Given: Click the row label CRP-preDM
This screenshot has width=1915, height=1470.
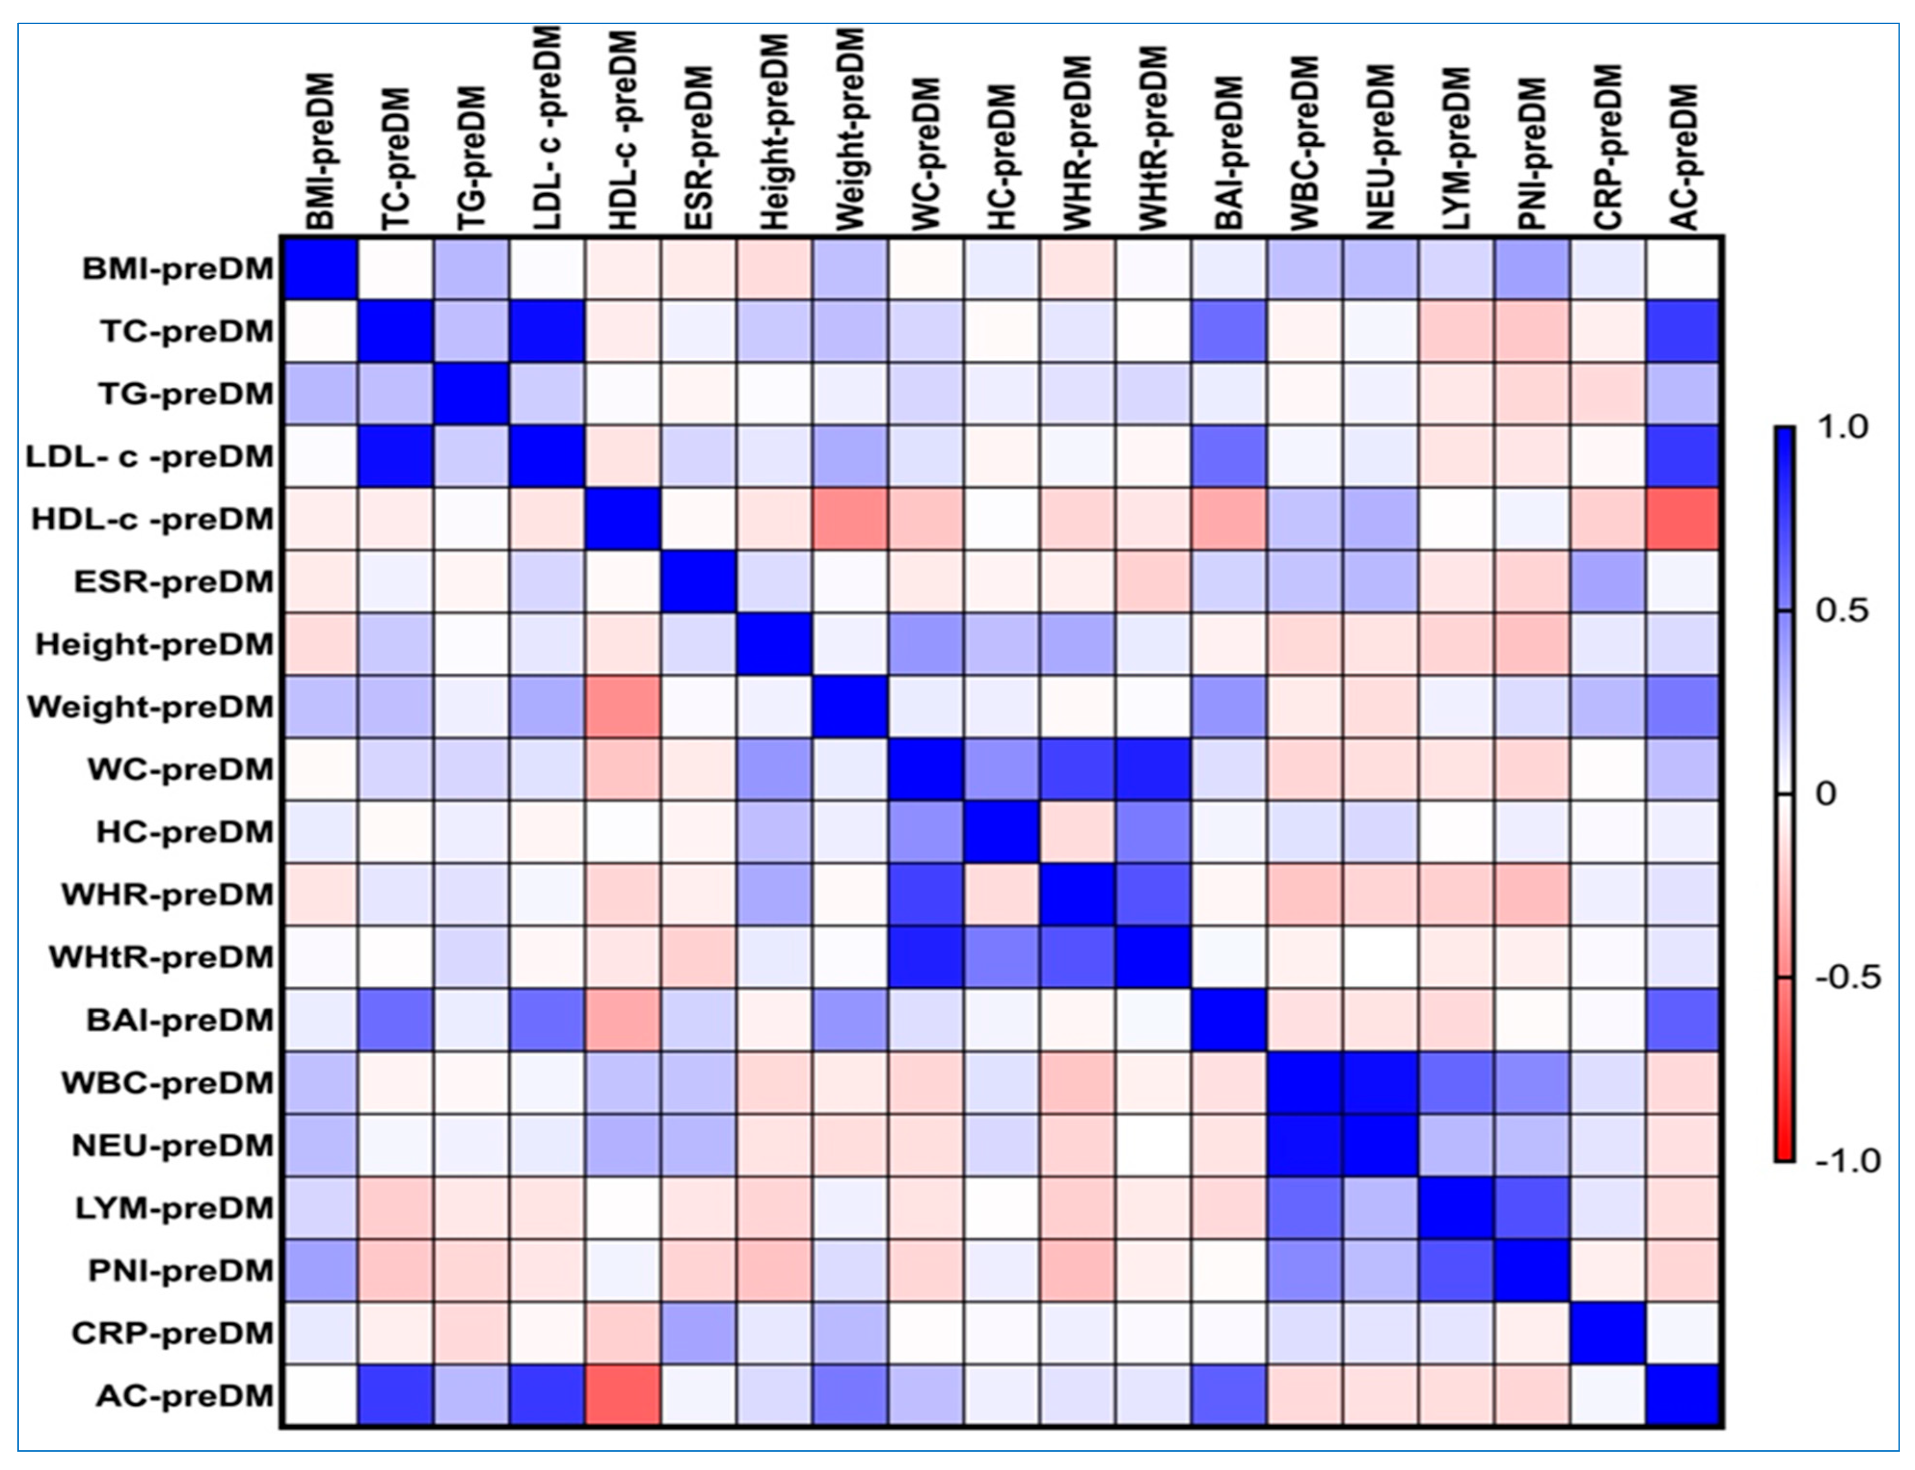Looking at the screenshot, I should pos(173,1332).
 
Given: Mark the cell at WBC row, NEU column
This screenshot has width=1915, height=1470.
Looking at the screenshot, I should pos(1380,1082).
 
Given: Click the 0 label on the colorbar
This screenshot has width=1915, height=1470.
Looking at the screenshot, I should pos(1826,794).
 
